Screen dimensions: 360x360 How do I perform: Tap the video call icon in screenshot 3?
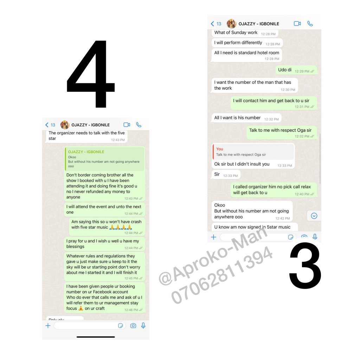click(297, 24)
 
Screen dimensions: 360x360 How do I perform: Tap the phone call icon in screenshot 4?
click(139, 125)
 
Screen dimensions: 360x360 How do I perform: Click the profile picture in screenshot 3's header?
click(231, 24)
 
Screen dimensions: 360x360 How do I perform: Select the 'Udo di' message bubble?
click(296, 70)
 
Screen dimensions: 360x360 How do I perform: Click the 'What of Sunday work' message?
click(245, 33)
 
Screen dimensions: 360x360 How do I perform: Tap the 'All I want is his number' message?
click(246, 118)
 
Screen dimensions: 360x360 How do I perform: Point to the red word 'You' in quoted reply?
click(219, 149)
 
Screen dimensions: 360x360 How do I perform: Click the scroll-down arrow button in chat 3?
click(314, 216)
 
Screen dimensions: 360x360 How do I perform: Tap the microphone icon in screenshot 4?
click(143, 326)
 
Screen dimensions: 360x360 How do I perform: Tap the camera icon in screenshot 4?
click(133, 326)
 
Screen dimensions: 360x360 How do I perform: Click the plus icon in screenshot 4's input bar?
click(48, 326)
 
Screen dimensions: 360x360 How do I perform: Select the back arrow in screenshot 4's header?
click(47, 125)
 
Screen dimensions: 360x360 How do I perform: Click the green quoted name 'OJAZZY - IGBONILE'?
click(86, 152)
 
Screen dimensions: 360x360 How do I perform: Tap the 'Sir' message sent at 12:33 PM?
click(226, 174)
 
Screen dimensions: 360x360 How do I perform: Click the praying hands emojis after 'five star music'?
click(121, 227)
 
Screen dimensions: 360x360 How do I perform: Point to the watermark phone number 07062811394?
click(221, 275)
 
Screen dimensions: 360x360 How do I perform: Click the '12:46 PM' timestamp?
click(131, 310)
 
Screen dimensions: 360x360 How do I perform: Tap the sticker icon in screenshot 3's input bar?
click(290, 237)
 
